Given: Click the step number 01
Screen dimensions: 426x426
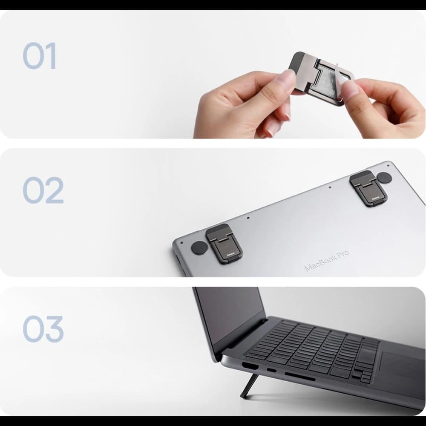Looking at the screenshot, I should coord(39,56).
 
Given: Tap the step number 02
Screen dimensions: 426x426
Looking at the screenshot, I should coord(43,190).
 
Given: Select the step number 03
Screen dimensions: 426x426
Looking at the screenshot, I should coord(43,328).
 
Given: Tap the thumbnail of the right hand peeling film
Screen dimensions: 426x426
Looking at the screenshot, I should coord(350,87).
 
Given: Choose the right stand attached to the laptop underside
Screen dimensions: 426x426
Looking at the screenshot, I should coord(366,187).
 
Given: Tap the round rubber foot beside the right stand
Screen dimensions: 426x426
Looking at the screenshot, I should coord(384,178).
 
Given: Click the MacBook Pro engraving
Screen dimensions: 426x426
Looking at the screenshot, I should coord(326,261).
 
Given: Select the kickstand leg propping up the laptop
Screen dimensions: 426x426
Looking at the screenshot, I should coord(248,385).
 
